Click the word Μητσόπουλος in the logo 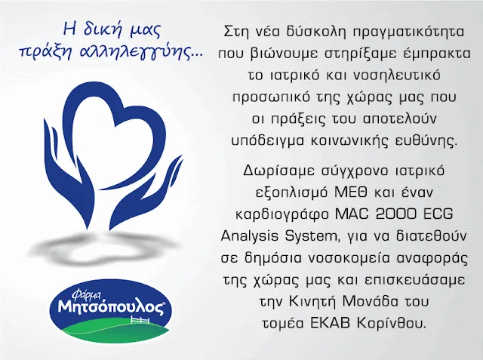(111, 306)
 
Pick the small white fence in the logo (140, 320)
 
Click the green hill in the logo (115, 334)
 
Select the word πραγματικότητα (408, 32)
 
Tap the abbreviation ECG (438, 214)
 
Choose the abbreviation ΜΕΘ (351, 192)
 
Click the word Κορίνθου (392, 323)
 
